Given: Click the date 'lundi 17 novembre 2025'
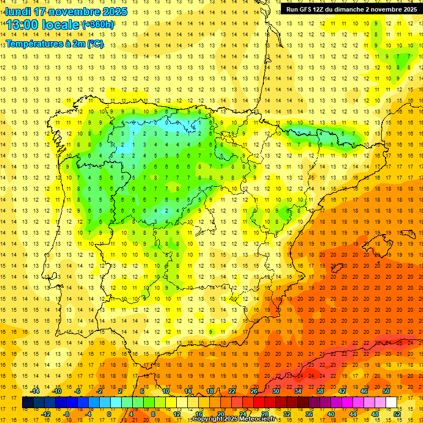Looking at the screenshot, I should click(x=66, y=12).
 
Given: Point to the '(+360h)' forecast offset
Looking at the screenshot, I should click(x=98, y=25).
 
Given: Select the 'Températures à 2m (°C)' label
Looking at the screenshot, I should click(x=55, y=44).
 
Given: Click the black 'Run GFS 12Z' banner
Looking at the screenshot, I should click(x=351, y=9).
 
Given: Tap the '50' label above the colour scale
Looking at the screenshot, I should click(x=386, y=391).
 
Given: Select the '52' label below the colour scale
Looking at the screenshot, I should click(x=397, y=414).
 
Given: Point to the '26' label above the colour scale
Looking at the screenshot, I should click(x=254, y=391).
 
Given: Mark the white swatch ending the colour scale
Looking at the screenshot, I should click(x=391, y=402).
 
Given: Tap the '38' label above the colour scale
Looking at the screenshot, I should click(x=320, y=391).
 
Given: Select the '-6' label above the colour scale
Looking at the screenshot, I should click(x=78, y=391).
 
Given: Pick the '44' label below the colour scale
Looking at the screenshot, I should click(x=353, y=414).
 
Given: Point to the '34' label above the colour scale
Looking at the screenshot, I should click(x=298, y=391).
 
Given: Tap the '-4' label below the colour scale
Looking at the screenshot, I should click(x=89, y=414).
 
